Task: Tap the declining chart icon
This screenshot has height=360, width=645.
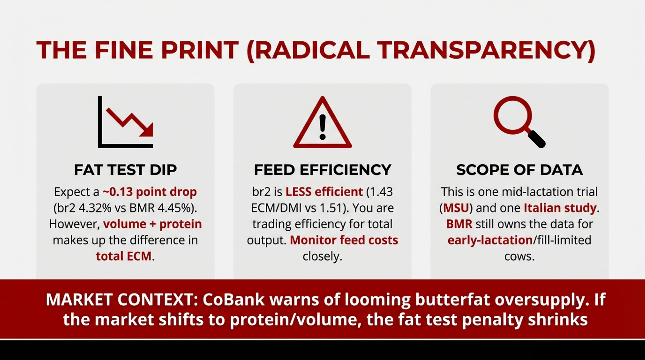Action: pos(125,122)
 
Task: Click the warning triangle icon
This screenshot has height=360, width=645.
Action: pos(322,122)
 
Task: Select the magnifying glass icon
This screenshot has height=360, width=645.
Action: pos(519,122)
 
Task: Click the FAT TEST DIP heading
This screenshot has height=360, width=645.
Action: pos(125,170)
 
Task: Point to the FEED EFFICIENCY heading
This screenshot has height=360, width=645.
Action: pos(322,170)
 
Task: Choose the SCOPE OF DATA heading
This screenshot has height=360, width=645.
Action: pos(520,170)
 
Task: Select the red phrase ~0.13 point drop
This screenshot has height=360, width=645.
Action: pos(150,192)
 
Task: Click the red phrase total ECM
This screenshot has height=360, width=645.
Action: pos(124,256)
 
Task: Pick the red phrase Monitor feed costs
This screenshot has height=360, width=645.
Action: pos(344,240)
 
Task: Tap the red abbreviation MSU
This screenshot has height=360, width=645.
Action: pos(456,208)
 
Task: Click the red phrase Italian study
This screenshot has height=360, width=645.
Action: pos(560,208)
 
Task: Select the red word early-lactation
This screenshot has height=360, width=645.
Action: pos(490,240)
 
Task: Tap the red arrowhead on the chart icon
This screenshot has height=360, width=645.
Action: pos(147,130)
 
